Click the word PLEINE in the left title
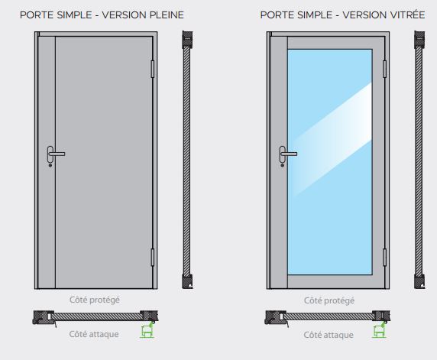point(164,15)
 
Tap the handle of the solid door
point(53,155)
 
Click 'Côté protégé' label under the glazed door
point(329,300)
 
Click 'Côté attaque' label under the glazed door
point(329,334)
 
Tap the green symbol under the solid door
point(145,330)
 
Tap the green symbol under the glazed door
point(377,330)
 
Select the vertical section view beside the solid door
point(186,161)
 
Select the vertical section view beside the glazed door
point(419,161)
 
